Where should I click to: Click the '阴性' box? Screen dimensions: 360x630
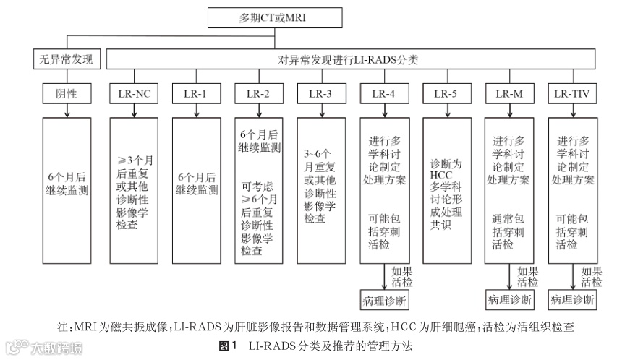(67, 93)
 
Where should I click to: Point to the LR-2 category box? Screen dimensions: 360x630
(257, 93)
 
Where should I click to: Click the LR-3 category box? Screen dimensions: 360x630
(320, 93)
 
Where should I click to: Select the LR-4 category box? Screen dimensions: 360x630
(383, 93)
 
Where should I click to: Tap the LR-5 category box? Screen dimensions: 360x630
(446, 93)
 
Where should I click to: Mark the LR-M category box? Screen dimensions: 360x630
(508, 93)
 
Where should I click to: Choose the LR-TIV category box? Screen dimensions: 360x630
(572, 93)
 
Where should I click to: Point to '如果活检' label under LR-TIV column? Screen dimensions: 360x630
(591, 277)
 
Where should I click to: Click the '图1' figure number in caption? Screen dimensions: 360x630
(228, 346)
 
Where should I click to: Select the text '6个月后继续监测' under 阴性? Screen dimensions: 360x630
(67, 184)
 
